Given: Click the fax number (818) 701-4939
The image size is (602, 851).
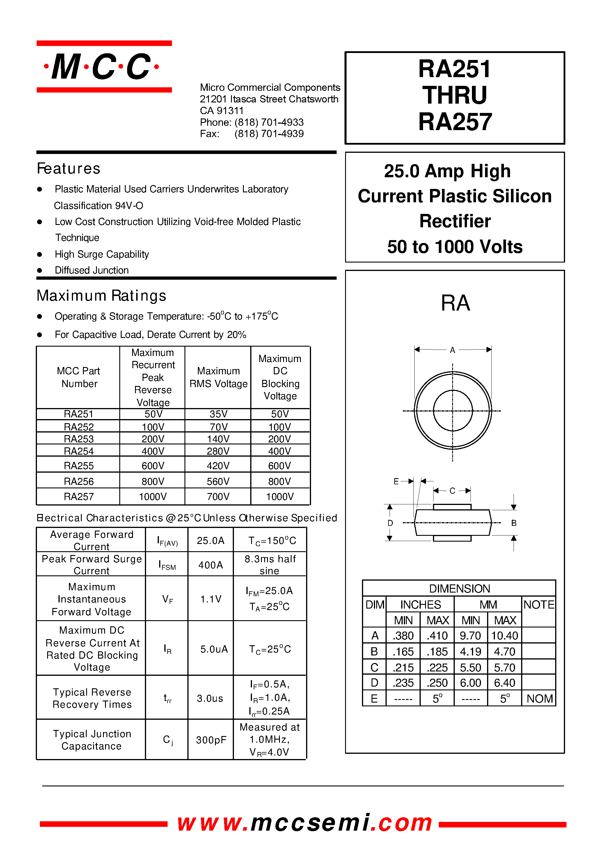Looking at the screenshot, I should (x=269, y=134).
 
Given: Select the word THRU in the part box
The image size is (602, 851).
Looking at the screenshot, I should (x=454, y=95).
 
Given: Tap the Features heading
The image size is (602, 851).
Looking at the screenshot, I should (x=69, y=169).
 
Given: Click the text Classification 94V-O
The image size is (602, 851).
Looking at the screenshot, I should (x=99, y=205).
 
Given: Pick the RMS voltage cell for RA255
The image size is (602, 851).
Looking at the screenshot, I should (x=218, y=465).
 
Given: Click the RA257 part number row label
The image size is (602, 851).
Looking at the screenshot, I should (x=79, y=497).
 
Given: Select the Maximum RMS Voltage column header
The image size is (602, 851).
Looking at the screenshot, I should (x=218, y=377).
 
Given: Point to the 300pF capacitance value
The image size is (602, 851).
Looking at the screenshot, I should (x=211, y=740).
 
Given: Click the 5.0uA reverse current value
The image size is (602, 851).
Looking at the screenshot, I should (x=214, y=649).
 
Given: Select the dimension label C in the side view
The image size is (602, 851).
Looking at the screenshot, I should (x=452, y=491).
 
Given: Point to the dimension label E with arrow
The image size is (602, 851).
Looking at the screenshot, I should (x=396, y=481).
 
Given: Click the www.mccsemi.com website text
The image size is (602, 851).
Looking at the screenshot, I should (x=304, y=822).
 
